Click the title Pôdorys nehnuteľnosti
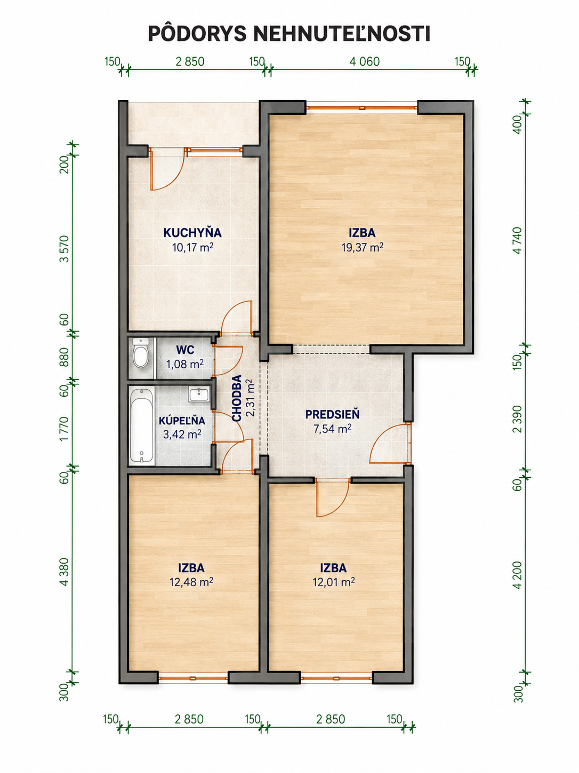289,34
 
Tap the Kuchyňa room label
192,233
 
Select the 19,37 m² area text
362,247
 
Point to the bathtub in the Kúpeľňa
141,425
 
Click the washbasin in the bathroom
199,395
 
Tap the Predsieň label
332,414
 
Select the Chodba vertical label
237,398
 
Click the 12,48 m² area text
191,582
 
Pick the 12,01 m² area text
333,582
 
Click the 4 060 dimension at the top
365,61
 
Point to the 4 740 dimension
518,241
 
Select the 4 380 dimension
65,572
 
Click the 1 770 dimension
65,429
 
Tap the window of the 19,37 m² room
362,107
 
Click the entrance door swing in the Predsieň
390,444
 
